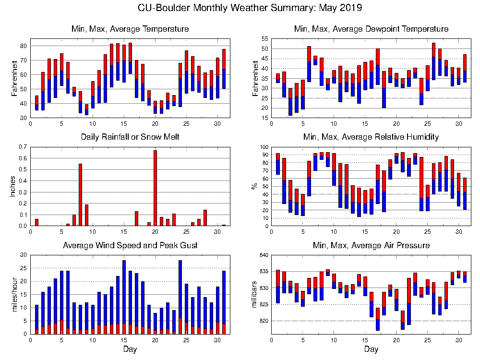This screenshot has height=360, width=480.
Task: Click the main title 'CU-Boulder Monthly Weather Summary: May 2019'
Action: click(x=250, y=8)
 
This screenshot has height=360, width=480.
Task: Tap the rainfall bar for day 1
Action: click(x=36, y=222)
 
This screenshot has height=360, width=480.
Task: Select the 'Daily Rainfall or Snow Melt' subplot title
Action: click(x=130, y=137)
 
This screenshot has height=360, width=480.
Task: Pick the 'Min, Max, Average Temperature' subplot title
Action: click(x=130, y=29)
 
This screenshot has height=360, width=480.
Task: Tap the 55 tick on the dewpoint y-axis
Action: click(x=264, y=38)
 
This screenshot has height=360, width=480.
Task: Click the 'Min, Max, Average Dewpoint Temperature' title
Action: click(x=371, y=29)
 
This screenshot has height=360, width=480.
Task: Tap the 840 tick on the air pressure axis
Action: click(x=262, y=255)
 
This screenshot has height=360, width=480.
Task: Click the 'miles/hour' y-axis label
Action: click(x=13, y=294)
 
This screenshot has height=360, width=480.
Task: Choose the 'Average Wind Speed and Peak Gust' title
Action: click(x=130, y=245)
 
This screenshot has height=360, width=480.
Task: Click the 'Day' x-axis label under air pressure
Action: click(x=371, y=349)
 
